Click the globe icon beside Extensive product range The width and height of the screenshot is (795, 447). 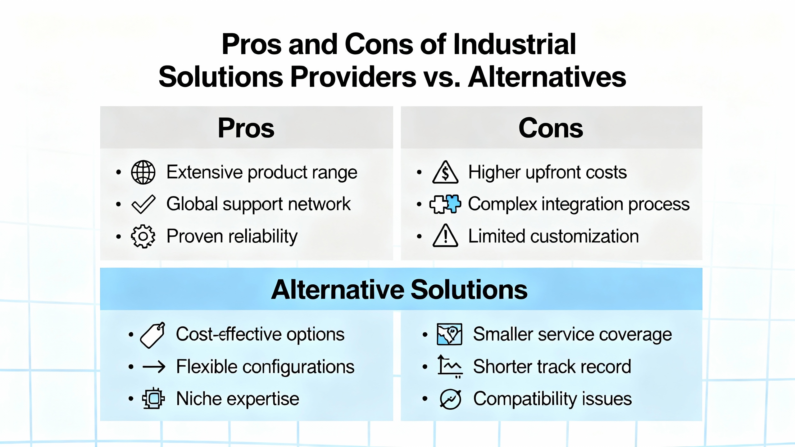[x=143, y=172]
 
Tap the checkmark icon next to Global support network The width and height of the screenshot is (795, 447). [x=143, y=205]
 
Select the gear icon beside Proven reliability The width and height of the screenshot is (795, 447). [x=143, y=237]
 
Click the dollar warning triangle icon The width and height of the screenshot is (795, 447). [x=445, y=172]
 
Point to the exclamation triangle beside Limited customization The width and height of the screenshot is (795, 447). [x=445, y=236]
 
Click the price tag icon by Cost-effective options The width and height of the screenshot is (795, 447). [x=152, y=335]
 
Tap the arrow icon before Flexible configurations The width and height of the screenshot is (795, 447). [x=154, y=367]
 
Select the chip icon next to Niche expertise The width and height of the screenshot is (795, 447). [x=153, y=398]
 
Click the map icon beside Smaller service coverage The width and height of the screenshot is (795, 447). [x=449, y=334]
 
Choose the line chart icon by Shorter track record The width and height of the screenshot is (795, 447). [x=450, y=366]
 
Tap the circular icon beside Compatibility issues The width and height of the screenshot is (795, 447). [x=451, y=399]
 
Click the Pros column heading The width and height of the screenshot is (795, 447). [x=246, y=128]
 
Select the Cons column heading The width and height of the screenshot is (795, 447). [x=551, y=128]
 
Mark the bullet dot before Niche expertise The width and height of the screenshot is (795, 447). [x=131, y=398]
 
